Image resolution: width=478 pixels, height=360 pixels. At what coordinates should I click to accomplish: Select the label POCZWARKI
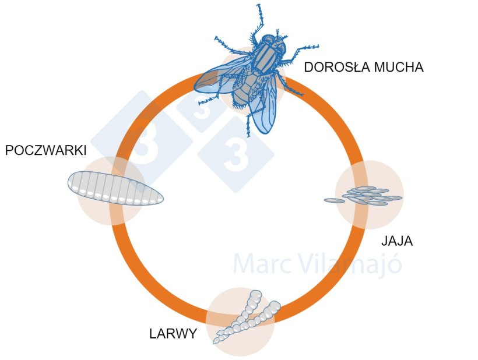point(45,151)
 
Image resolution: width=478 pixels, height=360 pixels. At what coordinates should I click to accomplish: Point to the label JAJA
point(396,241)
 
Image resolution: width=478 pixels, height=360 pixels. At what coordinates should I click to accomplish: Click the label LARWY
point(173,334)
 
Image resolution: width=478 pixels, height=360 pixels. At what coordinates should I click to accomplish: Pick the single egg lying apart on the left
point(334,200)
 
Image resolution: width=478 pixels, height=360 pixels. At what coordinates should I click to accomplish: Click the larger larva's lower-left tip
point(217,340)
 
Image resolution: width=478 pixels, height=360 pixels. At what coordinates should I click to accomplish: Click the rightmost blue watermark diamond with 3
point(236,154)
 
